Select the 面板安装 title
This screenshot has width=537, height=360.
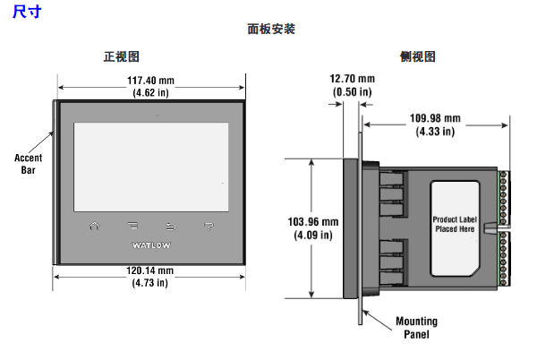coord(271,29)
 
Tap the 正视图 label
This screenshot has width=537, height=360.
coord(121,56)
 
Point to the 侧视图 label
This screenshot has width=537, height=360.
coord(418,56)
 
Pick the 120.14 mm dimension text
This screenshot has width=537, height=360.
coord(149,270)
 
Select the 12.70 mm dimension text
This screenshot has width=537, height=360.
coord(352,80)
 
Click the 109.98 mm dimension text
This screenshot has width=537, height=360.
coord(435,118)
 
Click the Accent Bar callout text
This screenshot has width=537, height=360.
coord(28,163)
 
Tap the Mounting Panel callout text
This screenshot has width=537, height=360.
coord(416,328)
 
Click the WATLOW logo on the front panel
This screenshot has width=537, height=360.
coord(150,244)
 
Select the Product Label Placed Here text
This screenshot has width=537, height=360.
coord(454,224)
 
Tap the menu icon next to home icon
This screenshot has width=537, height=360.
coord(132,225)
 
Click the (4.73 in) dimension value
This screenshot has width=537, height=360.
coord(149,283)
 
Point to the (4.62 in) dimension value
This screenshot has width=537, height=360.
coord(150,92)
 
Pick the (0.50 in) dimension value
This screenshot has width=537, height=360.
coord(352,92)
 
